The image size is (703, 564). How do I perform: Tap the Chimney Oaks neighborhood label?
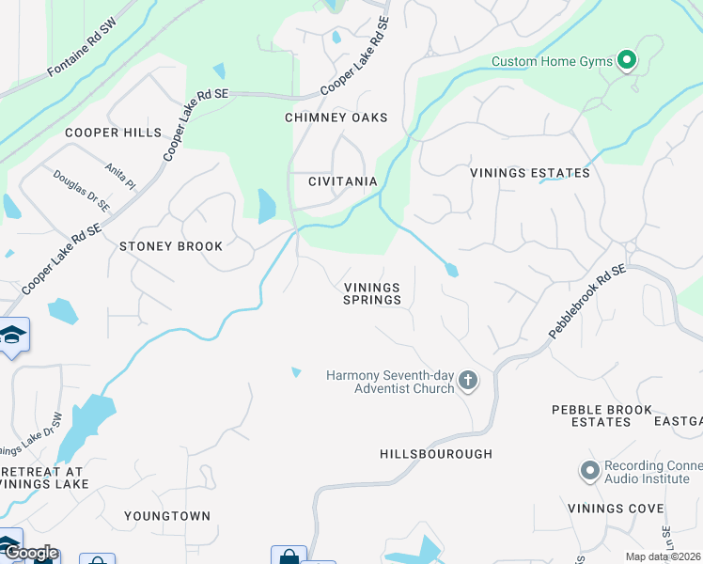click(336, 117)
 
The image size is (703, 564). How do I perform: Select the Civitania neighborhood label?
click(343, 181)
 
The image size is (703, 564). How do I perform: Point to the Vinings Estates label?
click(530, 173)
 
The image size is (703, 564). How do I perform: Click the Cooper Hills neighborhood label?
click(113, 133)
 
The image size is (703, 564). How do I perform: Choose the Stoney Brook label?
click(171, 246)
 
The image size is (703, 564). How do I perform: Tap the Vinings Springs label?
click(372, 294)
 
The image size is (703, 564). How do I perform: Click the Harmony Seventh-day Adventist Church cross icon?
click(468, 381)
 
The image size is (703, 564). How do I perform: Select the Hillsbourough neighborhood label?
click(436, 454)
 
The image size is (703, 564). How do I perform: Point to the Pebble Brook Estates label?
click(602, 416)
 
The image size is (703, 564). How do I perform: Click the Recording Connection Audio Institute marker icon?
click(589, 469)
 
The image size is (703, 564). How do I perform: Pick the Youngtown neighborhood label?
click(167, 516)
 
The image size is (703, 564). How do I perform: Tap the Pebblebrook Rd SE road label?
click(586, 302)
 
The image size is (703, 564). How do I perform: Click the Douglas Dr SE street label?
click(82, 191)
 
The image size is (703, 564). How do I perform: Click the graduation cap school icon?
click(12, 336)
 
